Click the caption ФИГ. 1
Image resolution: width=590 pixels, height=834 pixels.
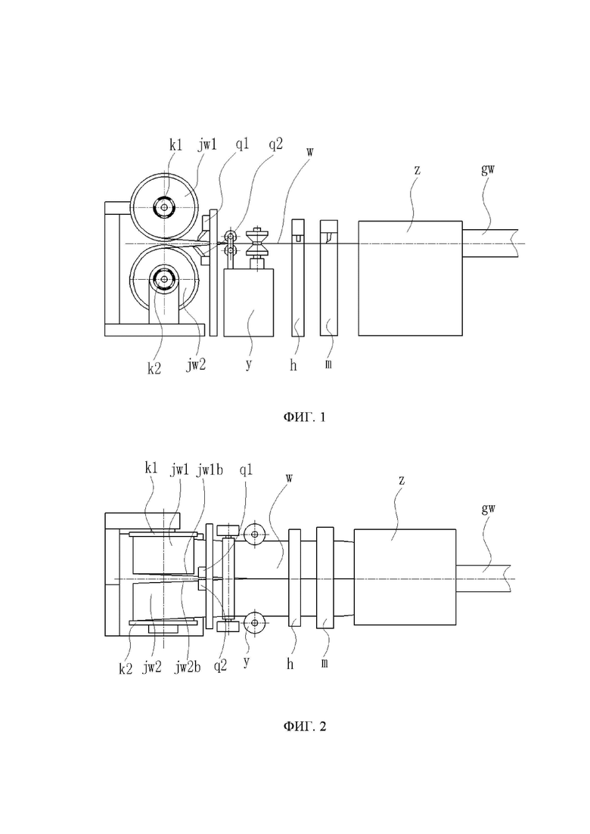click(304, 417)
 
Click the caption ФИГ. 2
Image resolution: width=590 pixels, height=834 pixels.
click(304, 726)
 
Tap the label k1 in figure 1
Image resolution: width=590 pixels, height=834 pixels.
click(175, 145)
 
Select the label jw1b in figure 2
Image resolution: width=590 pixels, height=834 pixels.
click(210, 470)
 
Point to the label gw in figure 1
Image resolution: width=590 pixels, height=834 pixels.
click(489, 170)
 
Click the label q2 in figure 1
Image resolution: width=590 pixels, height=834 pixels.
click(275, 144)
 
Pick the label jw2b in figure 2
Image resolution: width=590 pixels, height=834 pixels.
click(188, 667)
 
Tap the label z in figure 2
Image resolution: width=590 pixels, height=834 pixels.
click(402, 480)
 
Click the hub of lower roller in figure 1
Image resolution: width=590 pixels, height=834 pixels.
click(164, 277)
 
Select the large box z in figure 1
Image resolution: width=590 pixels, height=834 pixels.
click(410, 279)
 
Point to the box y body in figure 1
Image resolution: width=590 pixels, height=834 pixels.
click(248, 302)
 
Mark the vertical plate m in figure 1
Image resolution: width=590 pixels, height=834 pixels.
click(329, 277)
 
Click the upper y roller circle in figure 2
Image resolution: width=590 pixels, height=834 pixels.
click(256, 534)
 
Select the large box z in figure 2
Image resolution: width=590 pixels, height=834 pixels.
click(405, 577)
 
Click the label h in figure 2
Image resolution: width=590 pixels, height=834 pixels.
click(290, 664)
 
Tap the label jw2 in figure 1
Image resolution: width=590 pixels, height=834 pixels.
click(196, 364)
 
